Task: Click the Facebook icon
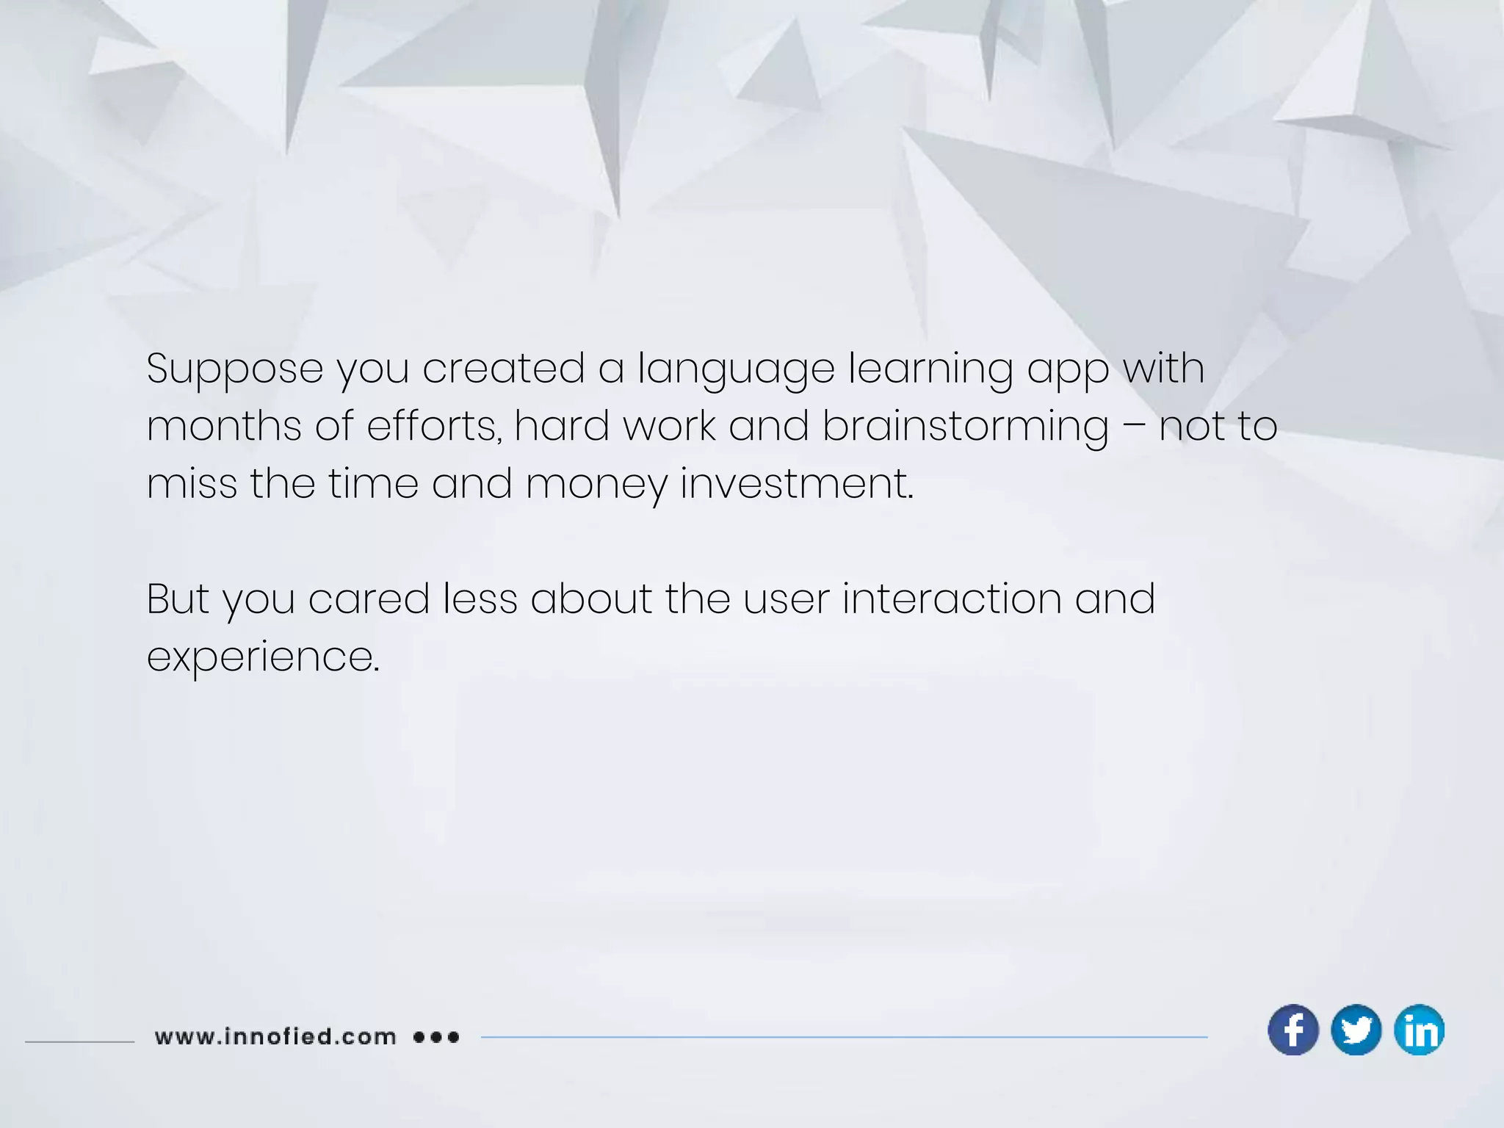(x=1293, y=1030)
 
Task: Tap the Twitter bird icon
(x=1356, y=1030)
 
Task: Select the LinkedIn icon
(x=1420, y=1030)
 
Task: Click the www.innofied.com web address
(x=275, y=1037)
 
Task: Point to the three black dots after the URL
(x=436, y=1037)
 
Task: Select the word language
(x=736, y=369)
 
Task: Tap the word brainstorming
(x=965, y=427)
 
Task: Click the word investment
(x=797, y=484)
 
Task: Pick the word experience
(x=263, y=657)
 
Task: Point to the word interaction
(x=952, y=599)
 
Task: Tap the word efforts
(x=434, y=427)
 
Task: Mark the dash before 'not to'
(x=1134, y=427)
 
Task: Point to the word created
(x=504, y=369)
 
